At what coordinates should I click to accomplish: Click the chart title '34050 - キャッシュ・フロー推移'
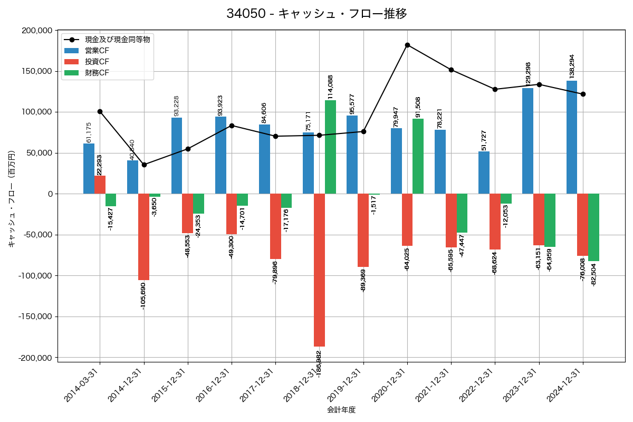316,14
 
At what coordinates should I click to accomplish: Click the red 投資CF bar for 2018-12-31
319,270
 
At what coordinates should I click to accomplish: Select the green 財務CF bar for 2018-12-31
330,147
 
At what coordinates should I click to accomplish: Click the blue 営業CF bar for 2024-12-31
572,137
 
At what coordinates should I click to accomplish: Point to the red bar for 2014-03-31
100,185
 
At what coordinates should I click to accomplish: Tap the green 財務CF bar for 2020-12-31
418,156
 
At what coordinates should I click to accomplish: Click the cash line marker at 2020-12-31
407,45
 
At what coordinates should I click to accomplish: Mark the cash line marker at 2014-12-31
144,165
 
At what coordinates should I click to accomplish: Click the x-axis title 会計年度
341,410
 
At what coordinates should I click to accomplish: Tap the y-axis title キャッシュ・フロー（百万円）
12,199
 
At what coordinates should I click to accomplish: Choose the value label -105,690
143,296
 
